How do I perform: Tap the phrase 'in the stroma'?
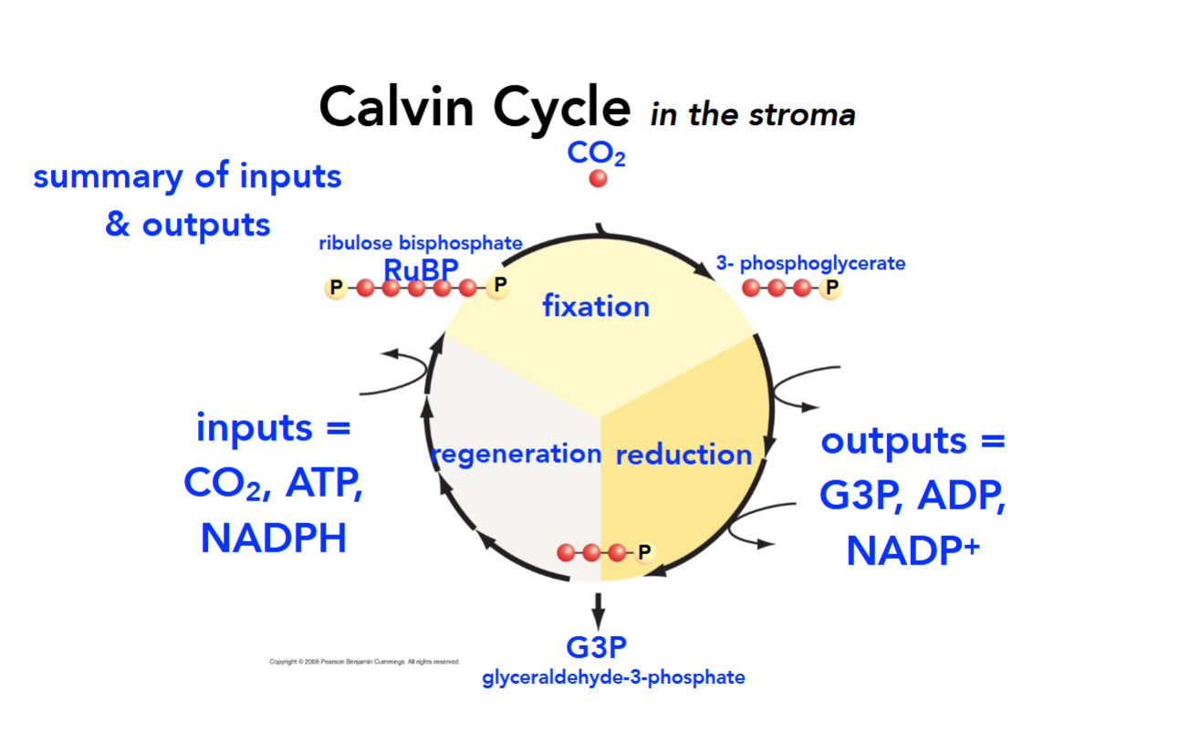coord(753,115)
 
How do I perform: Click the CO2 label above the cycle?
coord(596,152)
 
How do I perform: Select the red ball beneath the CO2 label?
coord(598,179)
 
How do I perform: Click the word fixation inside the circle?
coord(595,306)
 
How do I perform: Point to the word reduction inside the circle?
coord(683,455)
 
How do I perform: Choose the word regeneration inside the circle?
coord(516,454)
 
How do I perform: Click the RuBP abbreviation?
coord(421,270)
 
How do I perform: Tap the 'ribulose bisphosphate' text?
coord(420,244)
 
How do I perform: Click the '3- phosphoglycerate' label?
coord(810,264)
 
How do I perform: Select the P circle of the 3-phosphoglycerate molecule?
coord(829,288)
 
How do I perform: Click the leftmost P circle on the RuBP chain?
coord(336,288)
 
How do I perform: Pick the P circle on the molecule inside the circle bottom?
coord(644,552)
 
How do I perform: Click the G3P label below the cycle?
coord(597,648)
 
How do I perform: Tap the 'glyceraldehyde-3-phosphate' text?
coord(613,677)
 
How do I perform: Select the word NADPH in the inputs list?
coord(274,539)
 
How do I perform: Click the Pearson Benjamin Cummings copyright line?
coord(364,662)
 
